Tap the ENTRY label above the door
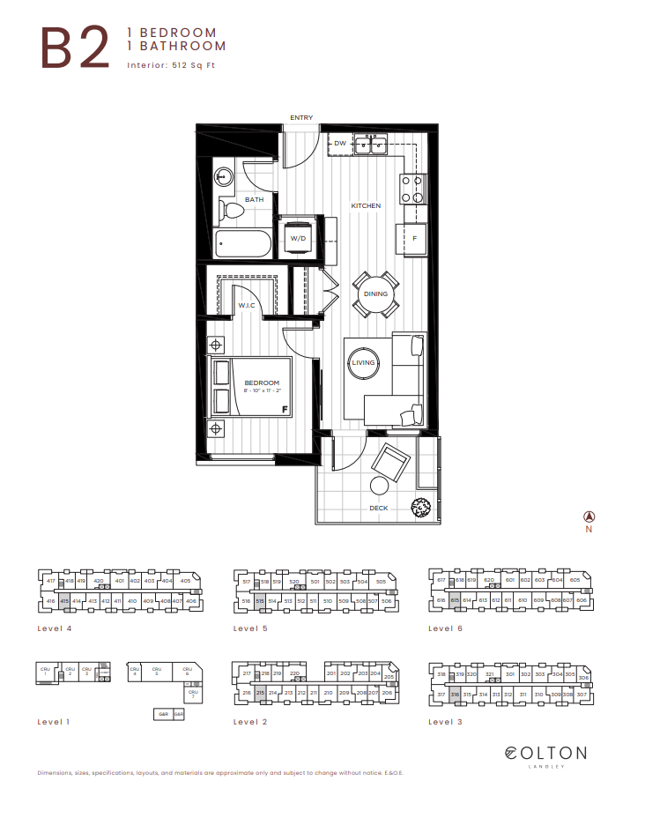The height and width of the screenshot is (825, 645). click(x=301, y=117)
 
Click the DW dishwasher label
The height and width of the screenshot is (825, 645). click(x=340, y=143)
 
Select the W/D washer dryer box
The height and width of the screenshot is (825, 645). click(x=298, y=237)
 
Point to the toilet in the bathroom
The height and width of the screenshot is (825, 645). click(x=232, y=208)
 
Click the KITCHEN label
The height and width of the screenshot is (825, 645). click(x=366, y=206)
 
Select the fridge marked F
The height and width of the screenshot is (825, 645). click(x=413, y=238)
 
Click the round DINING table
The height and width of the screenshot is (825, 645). click(x=375, y=294)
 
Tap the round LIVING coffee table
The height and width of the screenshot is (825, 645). click(x=363, y=363)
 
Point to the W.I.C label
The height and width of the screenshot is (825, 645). click(x=246, y=306)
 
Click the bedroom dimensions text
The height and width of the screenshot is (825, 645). click(x=262, y=390)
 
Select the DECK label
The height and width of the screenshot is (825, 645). click(x=379, y=508)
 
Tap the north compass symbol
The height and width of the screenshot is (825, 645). click(x=589, y=517)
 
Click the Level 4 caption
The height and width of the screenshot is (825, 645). click(x=55, y=628)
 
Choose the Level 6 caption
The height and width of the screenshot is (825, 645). click(x=445, y=628)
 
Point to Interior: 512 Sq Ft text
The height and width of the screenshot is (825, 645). click(x=171, y=65)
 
